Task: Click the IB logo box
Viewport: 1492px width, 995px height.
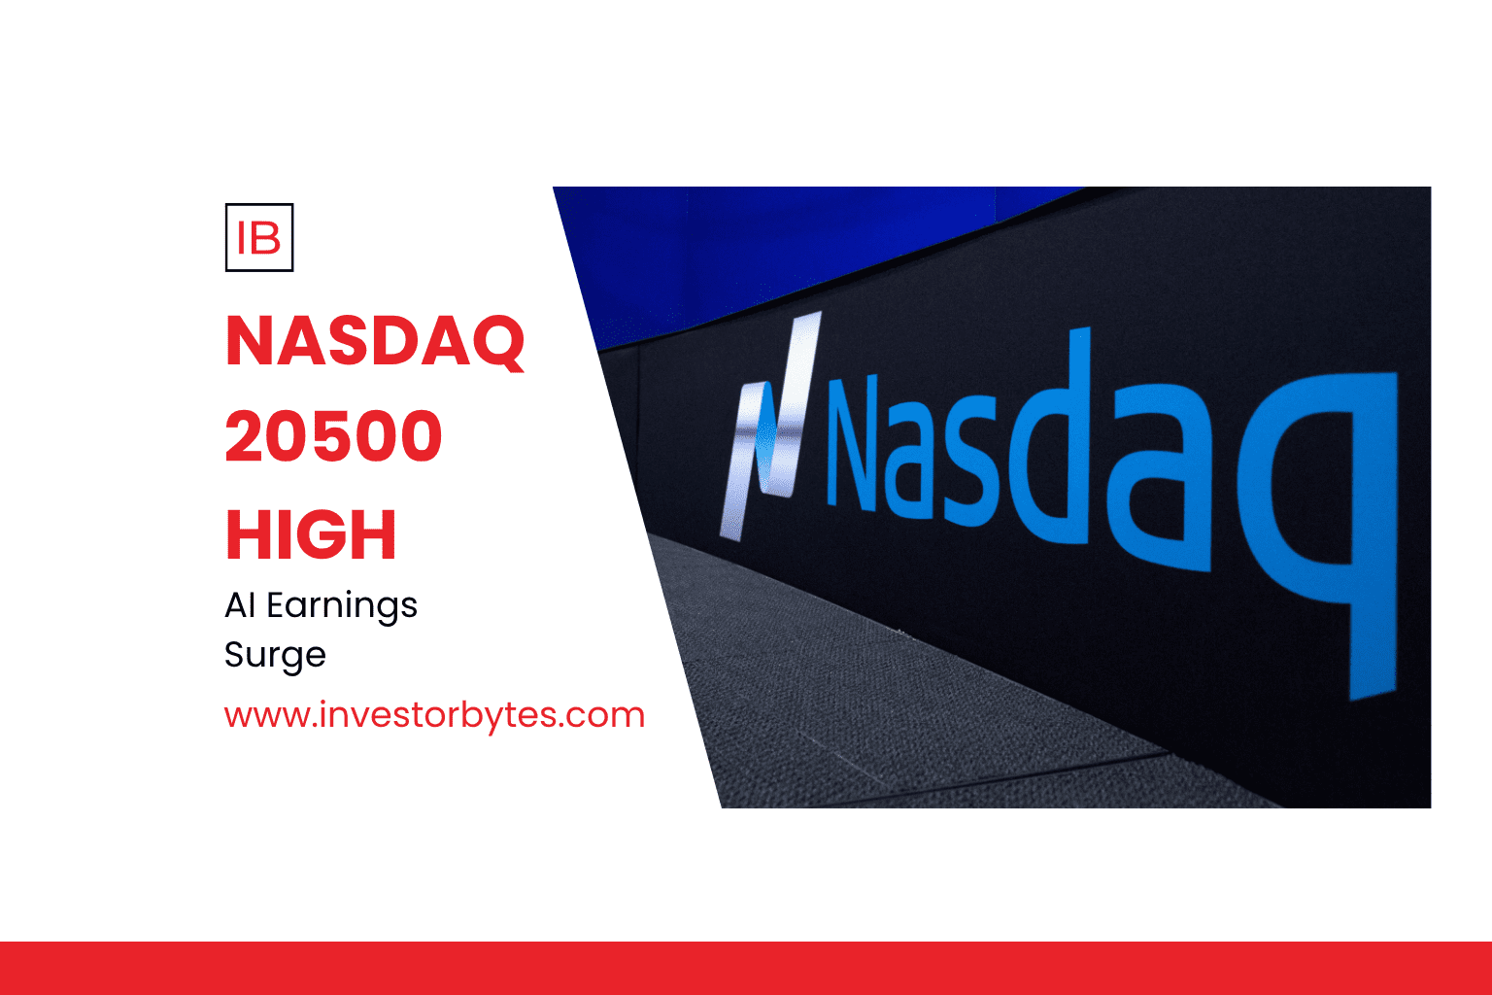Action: click(259, 237)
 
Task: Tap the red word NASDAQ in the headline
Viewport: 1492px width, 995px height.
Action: click(375, 341)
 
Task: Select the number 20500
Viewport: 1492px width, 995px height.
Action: click(334, 436)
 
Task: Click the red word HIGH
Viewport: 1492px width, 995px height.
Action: click(311, 533)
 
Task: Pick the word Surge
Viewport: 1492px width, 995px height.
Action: click(275, 656)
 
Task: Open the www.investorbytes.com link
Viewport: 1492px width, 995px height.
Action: click(434, 716)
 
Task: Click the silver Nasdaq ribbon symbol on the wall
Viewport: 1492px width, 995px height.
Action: click(771, 427)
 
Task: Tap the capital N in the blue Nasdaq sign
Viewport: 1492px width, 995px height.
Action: click(852, 443)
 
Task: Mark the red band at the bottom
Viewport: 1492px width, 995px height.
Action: click(746, 969)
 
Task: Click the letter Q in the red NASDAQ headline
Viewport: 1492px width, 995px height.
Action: click(497, 343)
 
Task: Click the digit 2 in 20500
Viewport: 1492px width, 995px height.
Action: click(245, 435)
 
